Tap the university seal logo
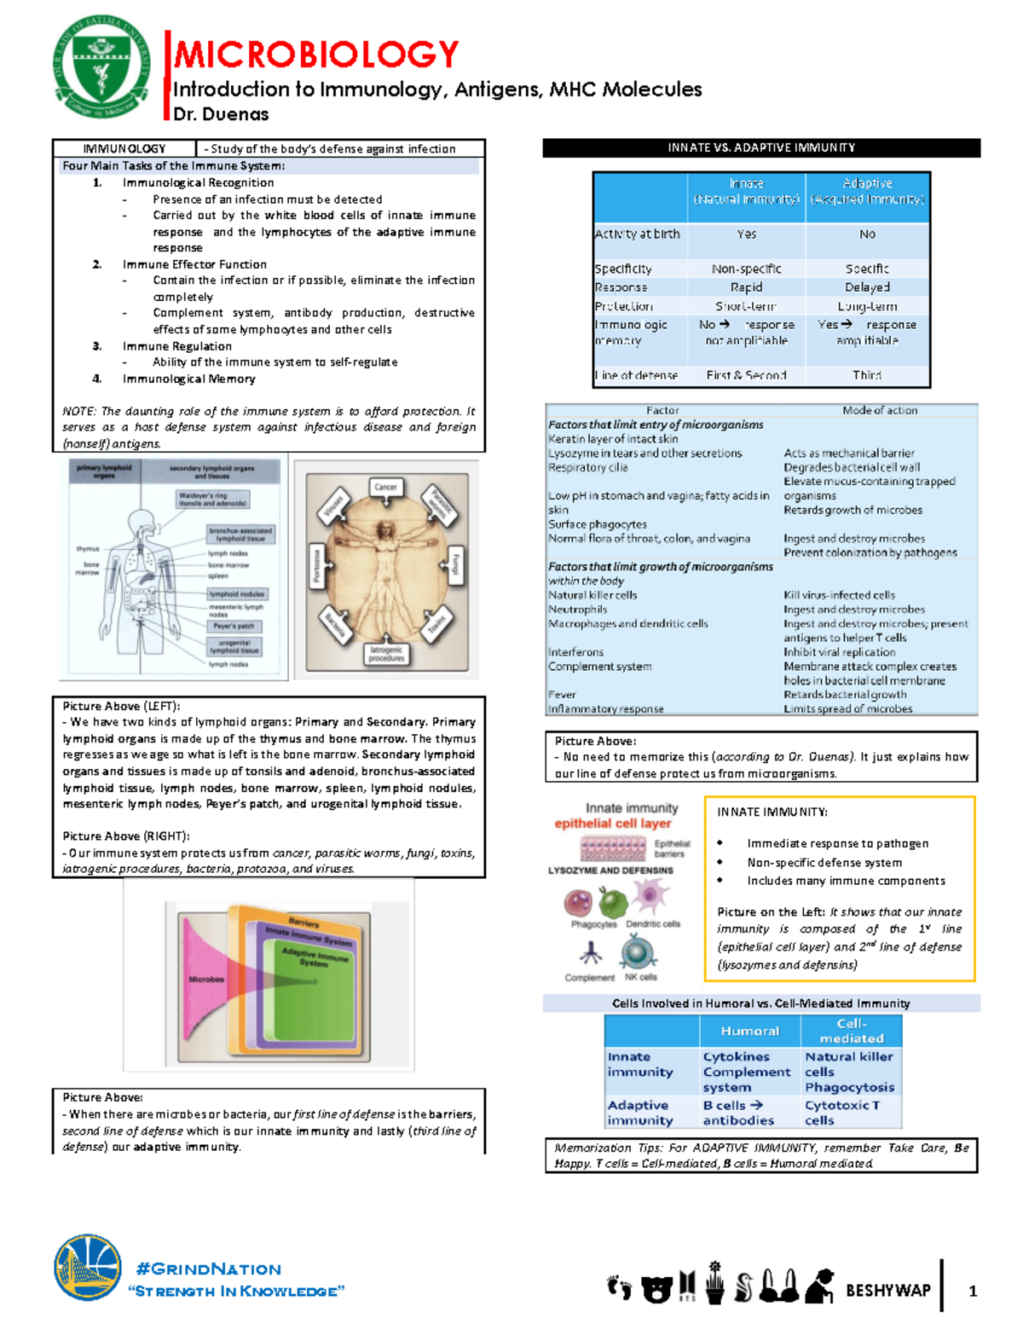(x=101, y=67)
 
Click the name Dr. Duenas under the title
(x=221, y=114)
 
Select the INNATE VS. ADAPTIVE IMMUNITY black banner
(x=761, y=147)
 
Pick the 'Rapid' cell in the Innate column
(x=746, y=287)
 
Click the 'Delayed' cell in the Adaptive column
(x=867, y=287)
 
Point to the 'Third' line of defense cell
(x=867, y=375)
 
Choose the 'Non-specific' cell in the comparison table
(x=746, y=269)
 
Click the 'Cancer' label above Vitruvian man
(x=386, y=488)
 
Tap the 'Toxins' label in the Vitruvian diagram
(x=437, y=626)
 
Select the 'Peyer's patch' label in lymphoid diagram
(x=234, y=626)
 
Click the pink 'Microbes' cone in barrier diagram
(x=209, y=979)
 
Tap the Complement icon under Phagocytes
(x=590, y=953)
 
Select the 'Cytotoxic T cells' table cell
(x=841, y=1113)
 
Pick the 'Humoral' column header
(x=749, y=1032)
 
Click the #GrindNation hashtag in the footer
(x=208, y=1269)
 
